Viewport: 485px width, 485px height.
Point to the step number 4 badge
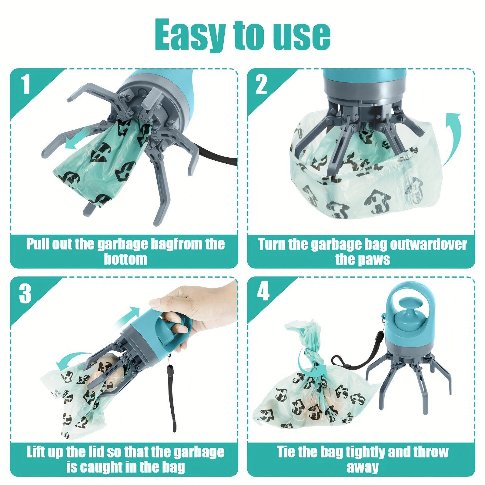[x=263, y=293]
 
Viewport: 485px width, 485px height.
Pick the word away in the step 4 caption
[x=363, y=467]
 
